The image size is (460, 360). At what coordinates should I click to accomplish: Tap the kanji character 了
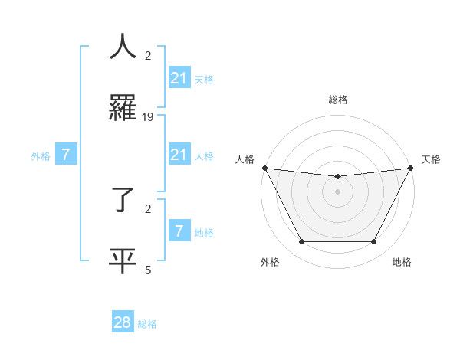123,198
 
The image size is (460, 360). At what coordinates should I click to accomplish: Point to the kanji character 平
123,260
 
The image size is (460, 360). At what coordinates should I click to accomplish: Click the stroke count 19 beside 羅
148,117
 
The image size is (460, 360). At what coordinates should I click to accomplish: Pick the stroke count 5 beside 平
148,270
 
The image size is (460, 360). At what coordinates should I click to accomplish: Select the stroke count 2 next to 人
148,56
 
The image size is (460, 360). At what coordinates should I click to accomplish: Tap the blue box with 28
123,322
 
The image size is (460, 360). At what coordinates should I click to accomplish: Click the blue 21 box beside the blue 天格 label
179,77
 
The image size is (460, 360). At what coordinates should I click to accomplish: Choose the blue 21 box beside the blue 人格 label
179,155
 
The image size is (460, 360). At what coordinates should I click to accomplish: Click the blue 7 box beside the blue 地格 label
179,231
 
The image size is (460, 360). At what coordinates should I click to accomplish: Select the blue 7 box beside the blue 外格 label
66,155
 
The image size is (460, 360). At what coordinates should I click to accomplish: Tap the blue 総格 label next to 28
147,324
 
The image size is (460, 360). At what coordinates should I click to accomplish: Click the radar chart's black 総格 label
337,100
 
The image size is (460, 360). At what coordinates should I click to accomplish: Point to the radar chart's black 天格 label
431,159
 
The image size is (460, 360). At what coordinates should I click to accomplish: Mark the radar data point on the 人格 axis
264,168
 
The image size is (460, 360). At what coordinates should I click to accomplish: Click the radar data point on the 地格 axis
374,242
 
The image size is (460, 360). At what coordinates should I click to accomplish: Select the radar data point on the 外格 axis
301,242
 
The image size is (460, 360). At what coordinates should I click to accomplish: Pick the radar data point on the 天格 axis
411,168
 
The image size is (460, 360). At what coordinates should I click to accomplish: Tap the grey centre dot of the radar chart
337,191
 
